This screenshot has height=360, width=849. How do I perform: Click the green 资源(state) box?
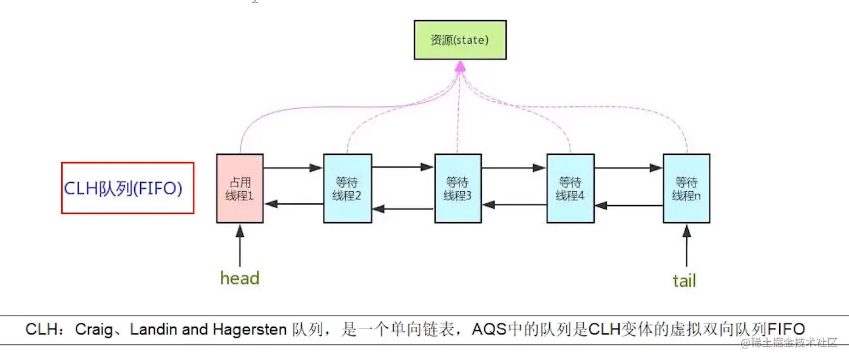pyautogui.click(x=460, y=40)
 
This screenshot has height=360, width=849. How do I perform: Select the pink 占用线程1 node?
pyautogui.click(x=240, y=188)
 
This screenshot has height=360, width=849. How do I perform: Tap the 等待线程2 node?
pyautogui.click(x=347, y=188)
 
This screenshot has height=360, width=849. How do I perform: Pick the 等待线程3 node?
pyautogui.click(x=458, y=188)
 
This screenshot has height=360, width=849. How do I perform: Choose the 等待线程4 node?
pyautogui.click(x=570, y=188)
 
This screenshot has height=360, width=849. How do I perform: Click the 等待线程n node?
pyautogui.click(x=686, y=188)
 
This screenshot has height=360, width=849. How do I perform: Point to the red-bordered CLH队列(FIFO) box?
pyautogui.click(x=127, y=188)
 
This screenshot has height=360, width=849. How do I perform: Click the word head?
pyautogui.click(x=240, y=279)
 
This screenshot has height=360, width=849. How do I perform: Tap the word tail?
pyautogui.click(x=684, y=280)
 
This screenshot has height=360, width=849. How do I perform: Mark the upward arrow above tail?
pyautogui.click(x=686, y=246)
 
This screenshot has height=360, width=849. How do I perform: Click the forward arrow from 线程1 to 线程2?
pyautogui.click(x=293, y=168)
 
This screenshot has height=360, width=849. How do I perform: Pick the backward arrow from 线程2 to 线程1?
pyautogui.click(x=293, y=204)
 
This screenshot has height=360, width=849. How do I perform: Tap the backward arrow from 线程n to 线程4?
pyautogui.click(x=628, y=206)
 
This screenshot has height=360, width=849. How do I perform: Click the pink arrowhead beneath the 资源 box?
pyautogui.click(x=460, y=66)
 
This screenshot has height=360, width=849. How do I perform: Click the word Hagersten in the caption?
pyautogui.click(x=249, y=330)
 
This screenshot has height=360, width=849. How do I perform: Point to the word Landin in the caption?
pyautogui.click(x=154, y=330)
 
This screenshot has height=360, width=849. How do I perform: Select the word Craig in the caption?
pyautogui.click(x=93, y=330)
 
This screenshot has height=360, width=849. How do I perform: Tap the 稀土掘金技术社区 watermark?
pyautogui.click(x=789, y=343)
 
